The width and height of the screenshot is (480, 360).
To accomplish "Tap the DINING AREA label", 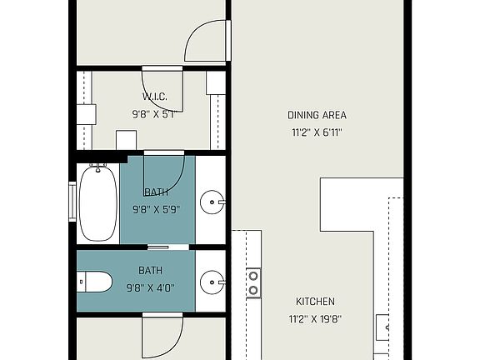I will coord(317,115).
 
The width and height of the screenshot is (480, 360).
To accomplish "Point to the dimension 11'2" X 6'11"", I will coord(317,132).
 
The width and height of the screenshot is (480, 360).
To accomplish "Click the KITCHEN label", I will coord(316,302).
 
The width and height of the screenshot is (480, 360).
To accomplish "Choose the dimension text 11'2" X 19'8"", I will coord(316,318).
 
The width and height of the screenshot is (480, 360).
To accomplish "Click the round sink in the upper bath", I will coord(214,201).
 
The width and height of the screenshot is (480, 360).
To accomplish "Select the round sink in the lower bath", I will coord(214,281).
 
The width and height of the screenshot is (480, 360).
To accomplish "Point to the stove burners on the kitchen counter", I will coord(253,282).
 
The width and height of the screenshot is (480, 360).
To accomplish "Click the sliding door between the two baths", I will coord(168,247).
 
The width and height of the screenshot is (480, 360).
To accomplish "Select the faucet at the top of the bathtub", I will coord(97,168).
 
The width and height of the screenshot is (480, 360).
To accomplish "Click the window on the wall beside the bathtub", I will coord(72,202).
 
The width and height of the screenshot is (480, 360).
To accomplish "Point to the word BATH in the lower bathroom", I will coord(151,271).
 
